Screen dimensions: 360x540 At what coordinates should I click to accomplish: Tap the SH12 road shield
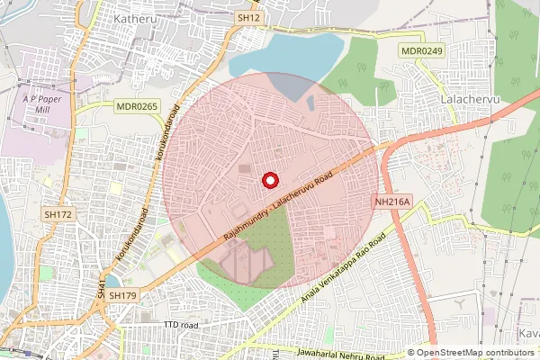pos(249,17)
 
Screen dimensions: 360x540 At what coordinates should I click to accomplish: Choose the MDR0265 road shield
pos(136,106)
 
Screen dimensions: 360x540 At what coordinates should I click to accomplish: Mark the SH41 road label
pos(102,288)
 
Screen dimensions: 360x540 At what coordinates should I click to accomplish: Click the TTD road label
pos(180,324)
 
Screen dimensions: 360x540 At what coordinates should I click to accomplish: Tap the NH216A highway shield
pos(392,203)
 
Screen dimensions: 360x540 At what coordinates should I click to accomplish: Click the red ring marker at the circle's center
pos(269,180)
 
